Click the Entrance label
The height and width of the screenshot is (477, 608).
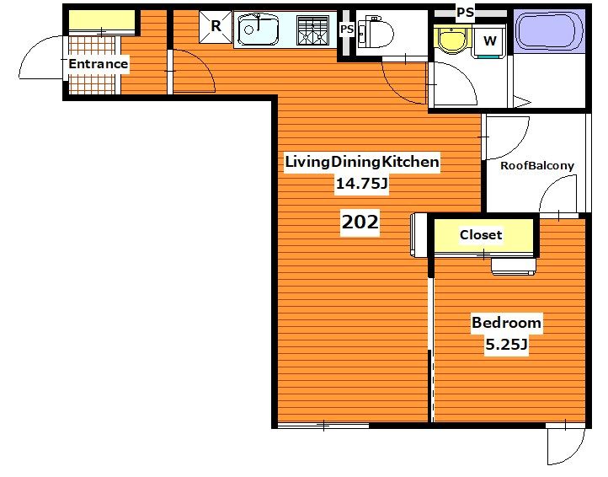click(x=98, y=64)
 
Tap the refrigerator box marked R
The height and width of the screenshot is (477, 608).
click(x=216, y=26)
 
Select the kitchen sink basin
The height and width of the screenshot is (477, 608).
click(x=259, y=29)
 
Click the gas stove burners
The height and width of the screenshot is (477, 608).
click(x=312, y=30)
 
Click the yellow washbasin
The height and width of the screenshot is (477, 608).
click(x=452, y=40)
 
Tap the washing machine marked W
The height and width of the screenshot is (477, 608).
click(x=489, y=41)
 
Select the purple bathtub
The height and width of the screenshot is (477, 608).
click(x=549, y=31)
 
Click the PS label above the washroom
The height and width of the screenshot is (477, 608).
click(x=465, y=13)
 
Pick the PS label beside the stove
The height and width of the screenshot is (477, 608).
click(x=347, y=29)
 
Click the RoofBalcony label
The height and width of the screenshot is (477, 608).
click(x=537, y=166)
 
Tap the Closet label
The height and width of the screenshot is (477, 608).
click(x=481, y=235)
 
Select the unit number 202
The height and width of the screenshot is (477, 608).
click(x=360, y=222)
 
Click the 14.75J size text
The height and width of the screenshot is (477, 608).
click(x=361, y=183)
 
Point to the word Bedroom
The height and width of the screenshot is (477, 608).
click(x=506, y=323)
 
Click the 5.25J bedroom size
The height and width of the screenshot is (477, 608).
click(x=506, y=344)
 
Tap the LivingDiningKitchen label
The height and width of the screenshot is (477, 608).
click(x=362, y=162)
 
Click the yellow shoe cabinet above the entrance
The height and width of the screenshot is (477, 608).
click(x=102, y=22)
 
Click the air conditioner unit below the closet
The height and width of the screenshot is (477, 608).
click(x=514, y=266)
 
